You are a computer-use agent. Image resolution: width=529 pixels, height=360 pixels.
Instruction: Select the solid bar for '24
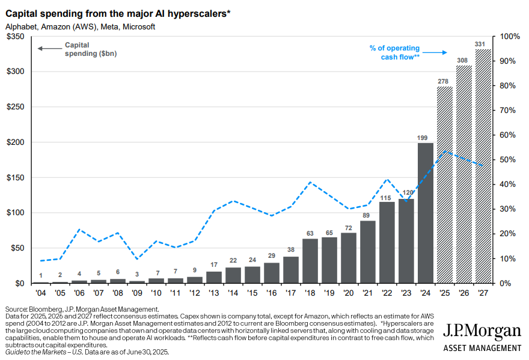pos(425,213)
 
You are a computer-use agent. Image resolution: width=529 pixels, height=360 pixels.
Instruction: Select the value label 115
pos(387,197)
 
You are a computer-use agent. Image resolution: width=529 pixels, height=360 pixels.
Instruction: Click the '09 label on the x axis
pos(137,293)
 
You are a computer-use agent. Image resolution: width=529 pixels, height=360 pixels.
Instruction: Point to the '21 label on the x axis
pos(367,293)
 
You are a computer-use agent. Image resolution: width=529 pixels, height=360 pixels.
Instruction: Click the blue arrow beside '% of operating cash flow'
pos(438,53)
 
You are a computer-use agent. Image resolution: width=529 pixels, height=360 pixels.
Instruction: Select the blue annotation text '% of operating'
pos(394,48)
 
